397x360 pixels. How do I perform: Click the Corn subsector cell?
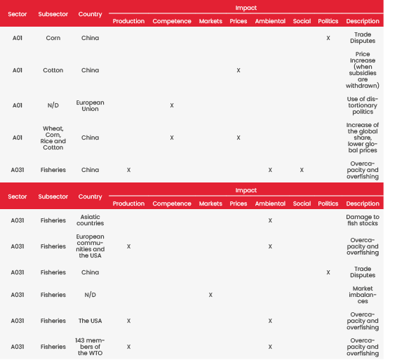click(53, 38)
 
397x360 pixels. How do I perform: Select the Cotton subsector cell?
click(53, 70)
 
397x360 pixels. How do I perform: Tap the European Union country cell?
click(90, 105)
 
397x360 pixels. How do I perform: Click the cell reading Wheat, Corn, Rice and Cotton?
click(53, 138)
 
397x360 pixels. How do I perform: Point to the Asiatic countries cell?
click(90, 220)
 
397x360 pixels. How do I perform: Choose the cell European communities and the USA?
click(90, 246)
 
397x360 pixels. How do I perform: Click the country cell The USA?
click(90, 321)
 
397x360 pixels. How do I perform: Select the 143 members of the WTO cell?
click(90, 347)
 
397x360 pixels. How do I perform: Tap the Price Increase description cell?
click(363, 70)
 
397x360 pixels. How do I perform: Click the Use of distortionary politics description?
click(363, 105)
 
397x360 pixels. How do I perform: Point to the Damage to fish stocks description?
click(363, 220)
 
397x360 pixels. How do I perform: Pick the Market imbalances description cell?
click(363, 295)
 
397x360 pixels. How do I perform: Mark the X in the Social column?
click(302, 170)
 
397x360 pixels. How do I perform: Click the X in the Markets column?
click(210, 295)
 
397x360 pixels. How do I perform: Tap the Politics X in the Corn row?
click(328, 38)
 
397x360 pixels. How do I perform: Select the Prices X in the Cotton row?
click(238, 70)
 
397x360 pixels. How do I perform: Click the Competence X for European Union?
click(172, 105)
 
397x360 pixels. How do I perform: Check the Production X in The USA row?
click(128, 321)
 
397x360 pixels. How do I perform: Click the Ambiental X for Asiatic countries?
click(270, 220)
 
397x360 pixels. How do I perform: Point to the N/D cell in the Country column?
click(90, 295)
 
